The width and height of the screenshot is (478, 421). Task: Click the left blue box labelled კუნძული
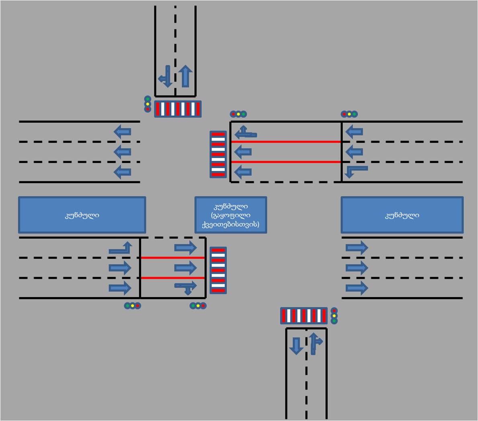82,215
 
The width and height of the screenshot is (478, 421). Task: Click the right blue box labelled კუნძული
402,215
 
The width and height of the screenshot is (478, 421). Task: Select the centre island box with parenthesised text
231,215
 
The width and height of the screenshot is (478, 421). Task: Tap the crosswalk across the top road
178,109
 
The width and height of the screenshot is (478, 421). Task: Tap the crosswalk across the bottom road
304,316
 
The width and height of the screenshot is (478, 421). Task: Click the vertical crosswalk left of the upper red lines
218,154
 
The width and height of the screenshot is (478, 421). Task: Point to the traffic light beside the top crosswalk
148,104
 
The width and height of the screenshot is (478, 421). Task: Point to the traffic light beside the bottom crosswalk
334,316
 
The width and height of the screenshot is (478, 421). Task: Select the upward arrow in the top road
185,76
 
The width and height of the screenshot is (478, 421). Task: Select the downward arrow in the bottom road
296,345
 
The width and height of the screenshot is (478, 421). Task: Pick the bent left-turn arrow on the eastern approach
356,171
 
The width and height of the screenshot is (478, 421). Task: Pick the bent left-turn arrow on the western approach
121,248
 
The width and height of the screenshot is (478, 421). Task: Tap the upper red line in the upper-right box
286,142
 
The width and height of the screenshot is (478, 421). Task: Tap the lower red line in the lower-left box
172,278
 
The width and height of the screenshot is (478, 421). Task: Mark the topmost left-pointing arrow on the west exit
123,131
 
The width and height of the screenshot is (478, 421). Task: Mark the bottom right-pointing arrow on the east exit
357,288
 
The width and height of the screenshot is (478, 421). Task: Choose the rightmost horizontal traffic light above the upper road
349,114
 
